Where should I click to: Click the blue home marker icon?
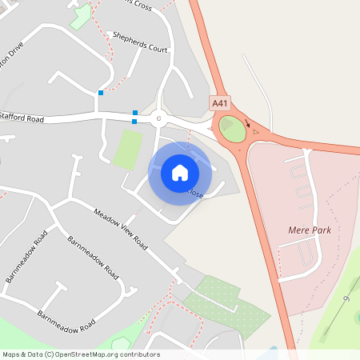(180, 172)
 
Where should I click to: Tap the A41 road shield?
(219, 103)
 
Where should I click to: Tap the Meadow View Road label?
(121, 228)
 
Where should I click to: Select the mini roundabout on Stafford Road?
(158, 119)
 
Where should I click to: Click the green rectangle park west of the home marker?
(127, 150)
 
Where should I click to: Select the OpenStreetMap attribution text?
(81, 354)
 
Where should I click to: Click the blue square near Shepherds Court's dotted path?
(101, 93)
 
